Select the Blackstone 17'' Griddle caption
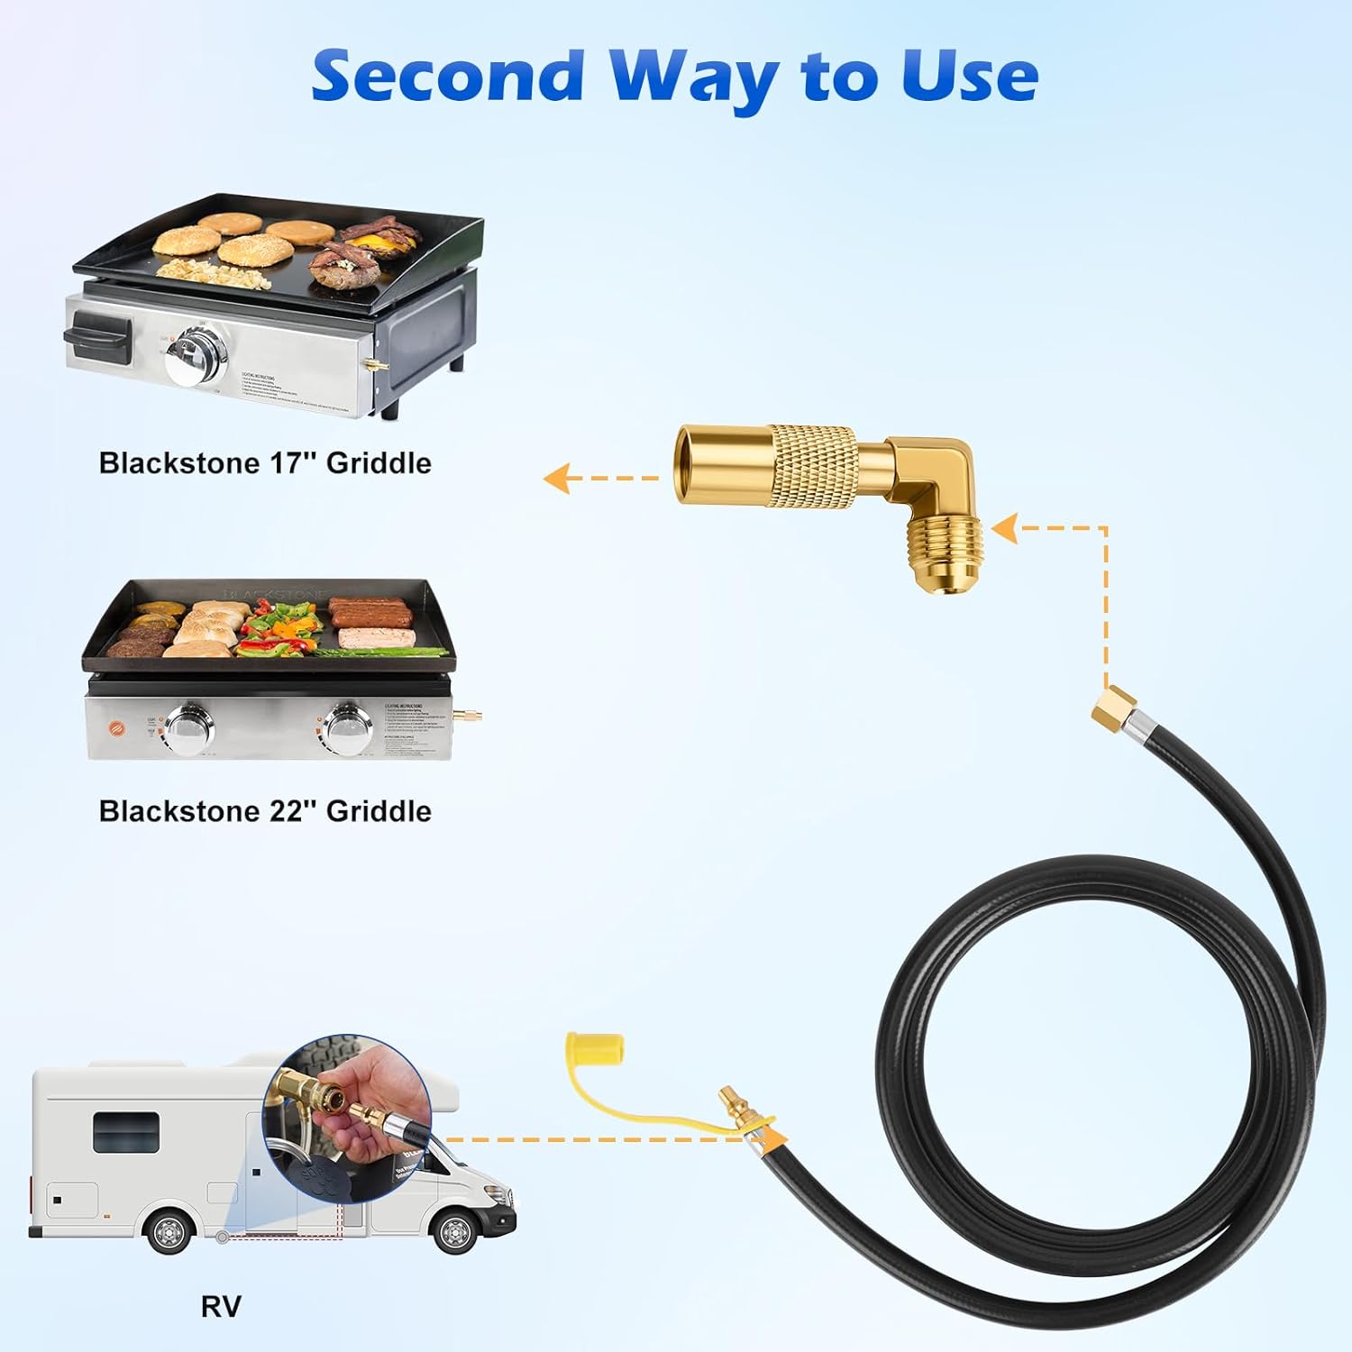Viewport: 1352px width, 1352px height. (x=265, y=463)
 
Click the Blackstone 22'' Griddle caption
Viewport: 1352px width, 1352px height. (x=265, y=811)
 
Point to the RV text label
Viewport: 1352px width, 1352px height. (x=221, y=1306)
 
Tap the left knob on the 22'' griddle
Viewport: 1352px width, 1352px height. (x=190, y=728)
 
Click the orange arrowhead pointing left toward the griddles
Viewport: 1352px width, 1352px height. (x=556, y=478)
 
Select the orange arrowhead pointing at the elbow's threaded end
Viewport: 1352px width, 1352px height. (x=1004, y=528)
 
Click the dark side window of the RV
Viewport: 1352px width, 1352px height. (x=126, y=1131)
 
